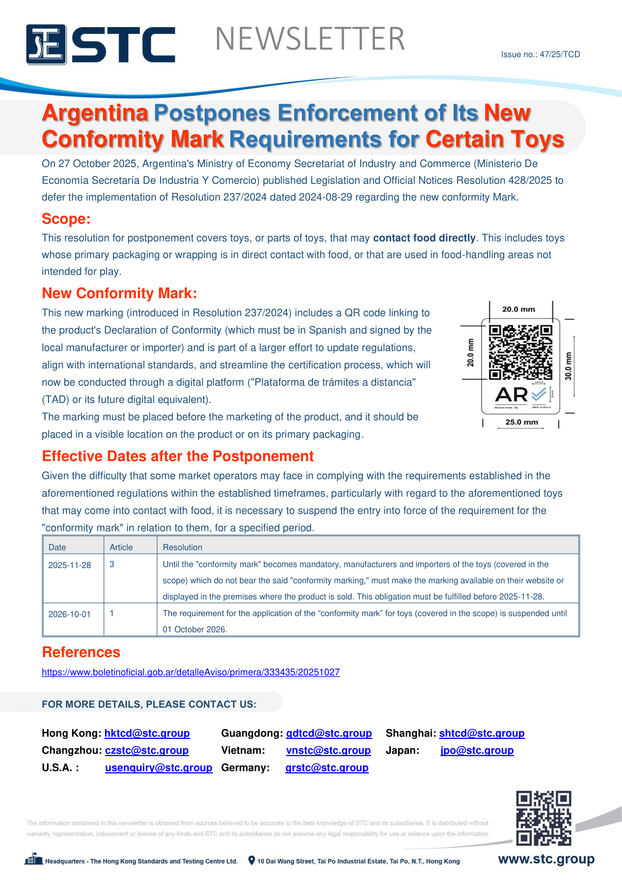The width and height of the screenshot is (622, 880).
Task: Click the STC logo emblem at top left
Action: pos(46,44)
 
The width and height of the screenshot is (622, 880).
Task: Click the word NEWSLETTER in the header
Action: pos(310,39)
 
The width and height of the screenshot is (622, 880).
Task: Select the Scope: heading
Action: pos(66,219)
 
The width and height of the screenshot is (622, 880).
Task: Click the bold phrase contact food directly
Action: pos(424,238)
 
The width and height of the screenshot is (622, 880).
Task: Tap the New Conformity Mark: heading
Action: pos(119,293)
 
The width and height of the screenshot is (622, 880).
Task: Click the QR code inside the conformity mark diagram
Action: pos(520,352)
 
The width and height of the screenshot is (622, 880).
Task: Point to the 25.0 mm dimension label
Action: pos(521,422)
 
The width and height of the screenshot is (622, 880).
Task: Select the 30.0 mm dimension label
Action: pos(568,366)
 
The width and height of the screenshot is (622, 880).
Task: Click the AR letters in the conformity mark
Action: pos(511,395)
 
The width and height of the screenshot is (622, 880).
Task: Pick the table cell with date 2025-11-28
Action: pos(70,565)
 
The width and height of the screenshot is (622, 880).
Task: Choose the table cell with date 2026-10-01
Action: pos(69,614)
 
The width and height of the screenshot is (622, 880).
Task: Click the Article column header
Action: pos(121,547)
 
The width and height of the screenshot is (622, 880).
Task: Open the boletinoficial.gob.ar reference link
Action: pos(191,672)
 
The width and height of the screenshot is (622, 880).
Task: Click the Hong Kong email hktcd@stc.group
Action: pos(147,733)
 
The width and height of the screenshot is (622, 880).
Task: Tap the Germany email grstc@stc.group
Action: pos(327,768)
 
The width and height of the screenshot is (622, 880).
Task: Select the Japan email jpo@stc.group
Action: pos(477,751)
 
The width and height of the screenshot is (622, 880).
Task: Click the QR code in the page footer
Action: pos(543,818)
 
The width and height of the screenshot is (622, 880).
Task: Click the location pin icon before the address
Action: pos(251,860)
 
